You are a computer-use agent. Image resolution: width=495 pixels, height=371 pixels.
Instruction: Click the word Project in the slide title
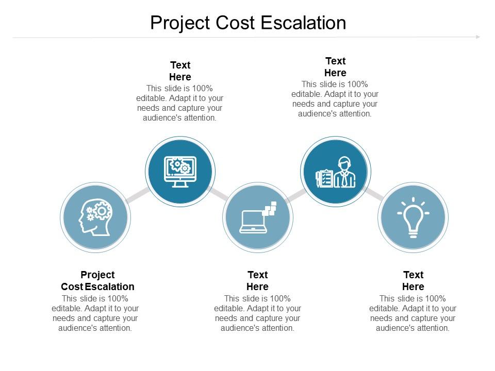point(180,23)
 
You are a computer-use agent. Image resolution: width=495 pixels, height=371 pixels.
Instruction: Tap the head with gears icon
point(95,216)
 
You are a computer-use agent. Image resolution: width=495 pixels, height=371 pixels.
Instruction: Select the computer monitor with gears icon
point(180,172)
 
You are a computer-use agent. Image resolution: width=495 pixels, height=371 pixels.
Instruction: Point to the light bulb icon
point(413,217)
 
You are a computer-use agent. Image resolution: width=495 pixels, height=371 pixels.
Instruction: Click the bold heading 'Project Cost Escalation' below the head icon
point(97,281)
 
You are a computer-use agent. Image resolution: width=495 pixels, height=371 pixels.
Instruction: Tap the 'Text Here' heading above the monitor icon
point(180,71)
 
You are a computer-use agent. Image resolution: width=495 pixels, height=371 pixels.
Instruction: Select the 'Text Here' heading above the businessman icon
point(335,67)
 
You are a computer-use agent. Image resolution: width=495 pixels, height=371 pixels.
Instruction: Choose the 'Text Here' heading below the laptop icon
point(257,281)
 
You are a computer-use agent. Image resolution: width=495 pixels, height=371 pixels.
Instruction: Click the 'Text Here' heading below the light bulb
point(413,281)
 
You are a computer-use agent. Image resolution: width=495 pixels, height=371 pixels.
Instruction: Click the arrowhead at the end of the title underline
point(478,37)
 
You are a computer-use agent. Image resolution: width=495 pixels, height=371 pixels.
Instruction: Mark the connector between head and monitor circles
point(137,195)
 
